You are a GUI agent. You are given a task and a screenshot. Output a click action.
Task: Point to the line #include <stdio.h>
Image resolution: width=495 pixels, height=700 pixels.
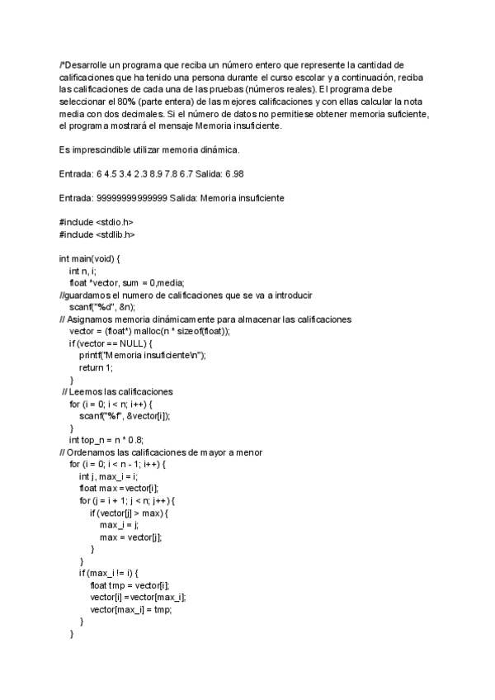(96, 223)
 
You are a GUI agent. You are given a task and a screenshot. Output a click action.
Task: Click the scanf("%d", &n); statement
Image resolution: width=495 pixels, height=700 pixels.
(101, 307)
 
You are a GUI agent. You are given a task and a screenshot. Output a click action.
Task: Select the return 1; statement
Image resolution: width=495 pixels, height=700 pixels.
(96, 367)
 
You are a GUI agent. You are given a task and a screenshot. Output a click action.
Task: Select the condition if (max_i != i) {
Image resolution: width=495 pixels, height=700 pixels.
(113, 573)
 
